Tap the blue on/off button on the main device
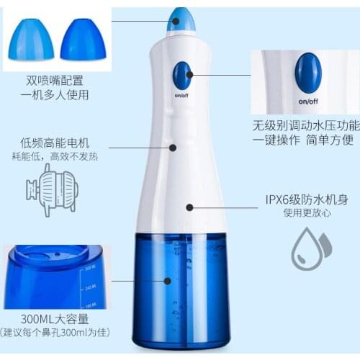182,74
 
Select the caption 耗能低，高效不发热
55,156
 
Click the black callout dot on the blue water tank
168,281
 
